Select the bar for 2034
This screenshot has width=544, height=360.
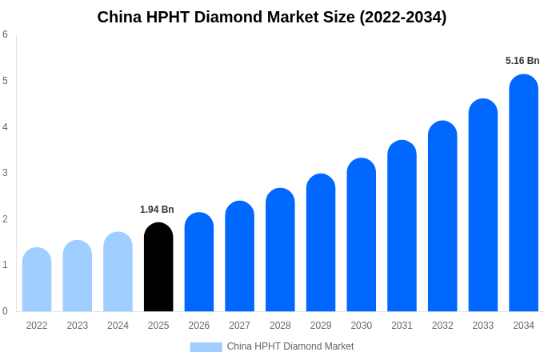523,194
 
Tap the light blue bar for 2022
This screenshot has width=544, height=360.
37,280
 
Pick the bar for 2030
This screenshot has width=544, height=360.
361,235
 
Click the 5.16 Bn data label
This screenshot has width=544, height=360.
522,61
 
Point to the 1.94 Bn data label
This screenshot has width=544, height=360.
157,210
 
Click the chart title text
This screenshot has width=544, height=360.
272,17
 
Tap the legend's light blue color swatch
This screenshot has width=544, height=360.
206,346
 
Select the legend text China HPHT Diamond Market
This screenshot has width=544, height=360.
290,346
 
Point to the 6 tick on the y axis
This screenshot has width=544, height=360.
5,34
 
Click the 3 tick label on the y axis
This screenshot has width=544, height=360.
5,173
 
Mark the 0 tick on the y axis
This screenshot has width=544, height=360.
5,311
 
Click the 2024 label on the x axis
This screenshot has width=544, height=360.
118,326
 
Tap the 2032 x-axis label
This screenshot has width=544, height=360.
442,326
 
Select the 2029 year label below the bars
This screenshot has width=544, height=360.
321,326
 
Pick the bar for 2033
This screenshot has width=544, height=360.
483,206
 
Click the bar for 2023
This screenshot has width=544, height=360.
78,276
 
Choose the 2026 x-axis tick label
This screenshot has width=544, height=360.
199,326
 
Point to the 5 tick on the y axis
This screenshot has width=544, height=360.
5,81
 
